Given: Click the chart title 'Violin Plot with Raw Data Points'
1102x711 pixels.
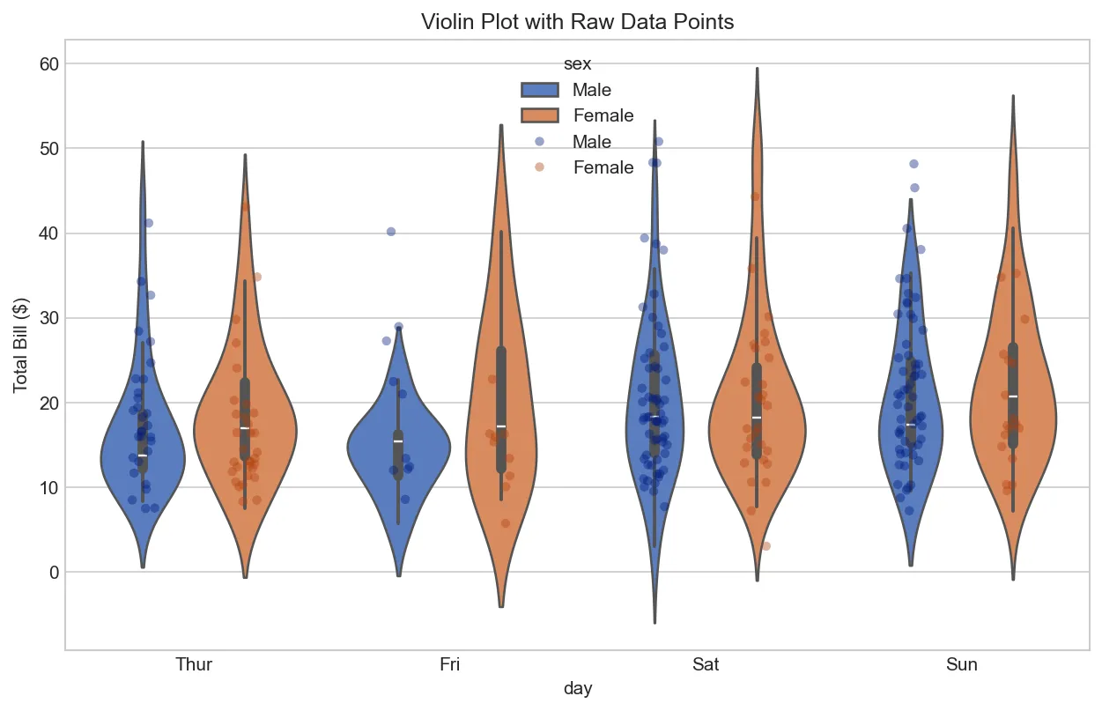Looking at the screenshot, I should (577, 22).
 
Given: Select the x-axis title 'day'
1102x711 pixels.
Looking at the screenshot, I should (578, 689).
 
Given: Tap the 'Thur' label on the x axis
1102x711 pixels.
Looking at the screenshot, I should (194, 664).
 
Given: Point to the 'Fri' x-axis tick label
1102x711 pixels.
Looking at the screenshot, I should (449, 664).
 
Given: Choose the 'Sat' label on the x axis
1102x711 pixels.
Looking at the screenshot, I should (706, 664).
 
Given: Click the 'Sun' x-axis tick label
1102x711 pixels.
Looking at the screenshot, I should (962, 664).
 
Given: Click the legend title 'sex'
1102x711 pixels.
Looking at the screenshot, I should (577, 63).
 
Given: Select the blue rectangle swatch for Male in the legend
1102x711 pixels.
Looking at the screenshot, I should (539, 90).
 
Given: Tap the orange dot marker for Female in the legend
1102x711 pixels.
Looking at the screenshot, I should (539, 167).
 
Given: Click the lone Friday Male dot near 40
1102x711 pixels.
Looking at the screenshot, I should (391, 232).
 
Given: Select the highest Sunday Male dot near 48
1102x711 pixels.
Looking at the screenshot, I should (913, 164).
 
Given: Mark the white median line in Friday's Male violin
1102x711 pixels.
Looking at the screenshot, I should (398, 441).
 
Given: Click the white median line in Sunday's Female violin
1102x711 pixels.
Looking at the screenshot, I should (1013, 396).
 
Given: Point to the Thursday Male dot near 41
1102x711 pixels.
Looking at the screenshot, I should (149, 223).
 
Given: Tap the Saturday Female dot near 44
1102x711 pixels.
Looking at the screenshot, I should (755, 197).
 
